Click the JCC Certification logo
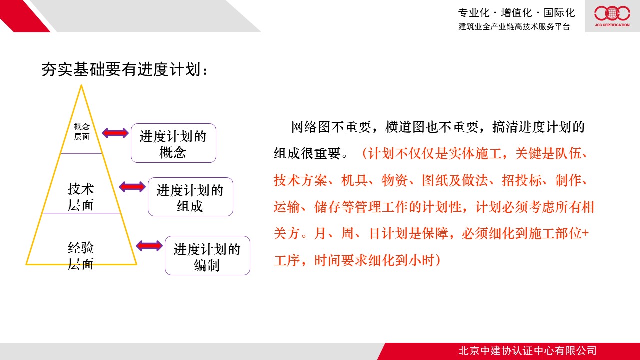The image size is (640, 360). tap(612, 16)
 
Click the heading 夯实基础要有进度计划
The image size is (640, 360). tap(124, 69)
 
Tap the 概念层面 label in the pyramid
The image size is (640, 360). tap(82, 131)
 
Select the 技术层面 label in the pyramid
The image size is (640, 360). tap(81, 197)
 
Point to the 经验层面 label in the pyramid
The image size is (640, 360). tap(81, 256)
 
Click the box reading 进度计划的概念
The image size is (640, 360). tap(173, 143)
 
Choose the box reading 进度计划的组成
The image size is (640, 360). tap(190, 197)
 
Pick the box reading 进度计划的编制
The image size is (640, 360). tap(207, 255)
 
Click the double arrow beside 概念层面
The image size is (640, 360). tap(115, 133)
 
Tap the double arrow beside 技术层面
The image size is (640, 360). tap(132, 187)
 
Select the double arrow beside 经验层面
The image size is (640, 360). tap(149, 246)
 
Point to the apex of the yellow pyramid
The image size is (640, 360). tap(81, 85)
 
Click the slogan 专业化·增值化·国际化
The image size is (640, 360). tap(516, 13)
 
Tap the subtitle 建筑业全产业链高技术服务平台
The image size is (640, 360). tap(514, 26)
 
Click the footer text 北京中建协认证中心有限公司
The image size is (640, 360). tap(527, 351)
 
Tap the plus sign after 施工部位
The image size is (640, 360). tap(585, 233)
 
